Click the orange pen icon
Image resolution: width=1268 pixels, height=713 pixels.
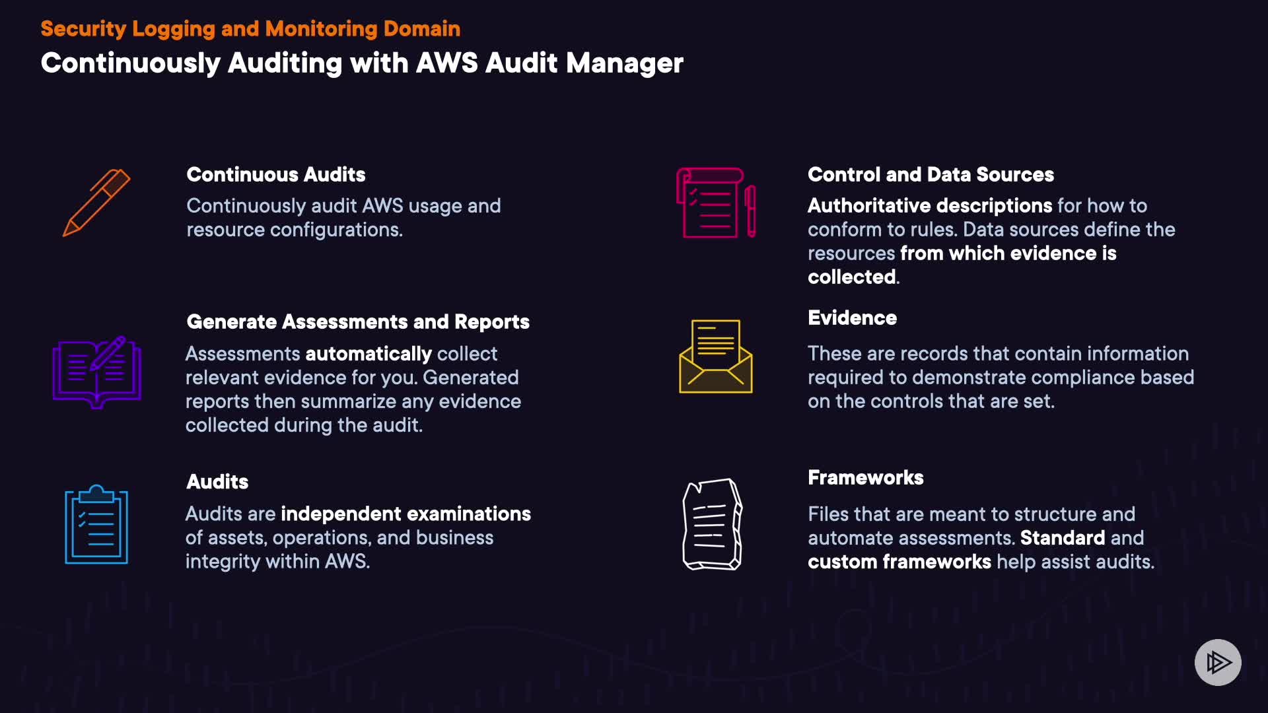(96, 203)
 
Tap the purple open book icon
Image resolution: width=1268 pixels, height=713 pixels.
(97, 372)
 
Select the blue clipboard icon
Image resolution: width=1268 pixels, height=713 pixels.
(96, 525)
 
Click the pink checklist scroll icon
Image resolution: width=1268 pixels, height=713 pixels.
(715, 203)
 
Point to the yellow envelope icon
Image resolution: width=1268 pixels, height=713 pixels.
(716, 356)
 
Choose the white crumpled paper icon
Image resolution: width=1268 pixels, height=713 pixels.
(712, 524)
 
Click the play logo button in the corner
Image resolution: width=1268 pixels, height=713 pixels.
(1218, 662)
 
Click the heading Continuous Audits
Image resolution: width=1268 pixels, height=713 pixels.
(276, 174)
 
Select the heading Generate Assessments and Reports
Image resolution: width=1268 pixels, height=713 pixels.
(358, 322)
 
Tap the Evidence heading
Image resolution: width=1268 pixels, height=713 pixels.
(852, 318)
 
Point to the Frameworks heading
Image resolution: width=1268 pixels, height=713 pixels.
(865, 477)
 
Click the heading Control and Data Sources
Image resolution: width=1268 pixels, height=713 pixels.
(931, 174)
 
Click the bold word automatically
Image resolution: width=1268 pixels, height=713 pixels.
(369, 354)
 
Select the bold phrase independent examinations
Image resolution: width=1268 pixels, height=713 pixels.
(405, 514)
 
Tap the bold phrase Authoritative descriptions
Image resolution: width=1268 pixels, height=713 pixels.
(930, 205)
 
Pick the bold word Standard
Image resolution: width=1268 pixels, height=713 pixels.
(1062, 537)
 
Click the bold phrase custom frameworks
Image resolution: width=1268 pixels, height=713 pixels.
(899, 561)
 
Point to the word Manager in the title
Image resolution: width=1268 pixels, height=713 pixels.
(624, 63)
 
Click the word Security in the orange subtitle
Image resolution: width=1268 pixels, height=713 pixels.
(83, 28)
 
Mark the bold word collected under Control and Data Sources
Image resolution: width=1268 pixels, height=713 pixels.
(851, 277)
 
